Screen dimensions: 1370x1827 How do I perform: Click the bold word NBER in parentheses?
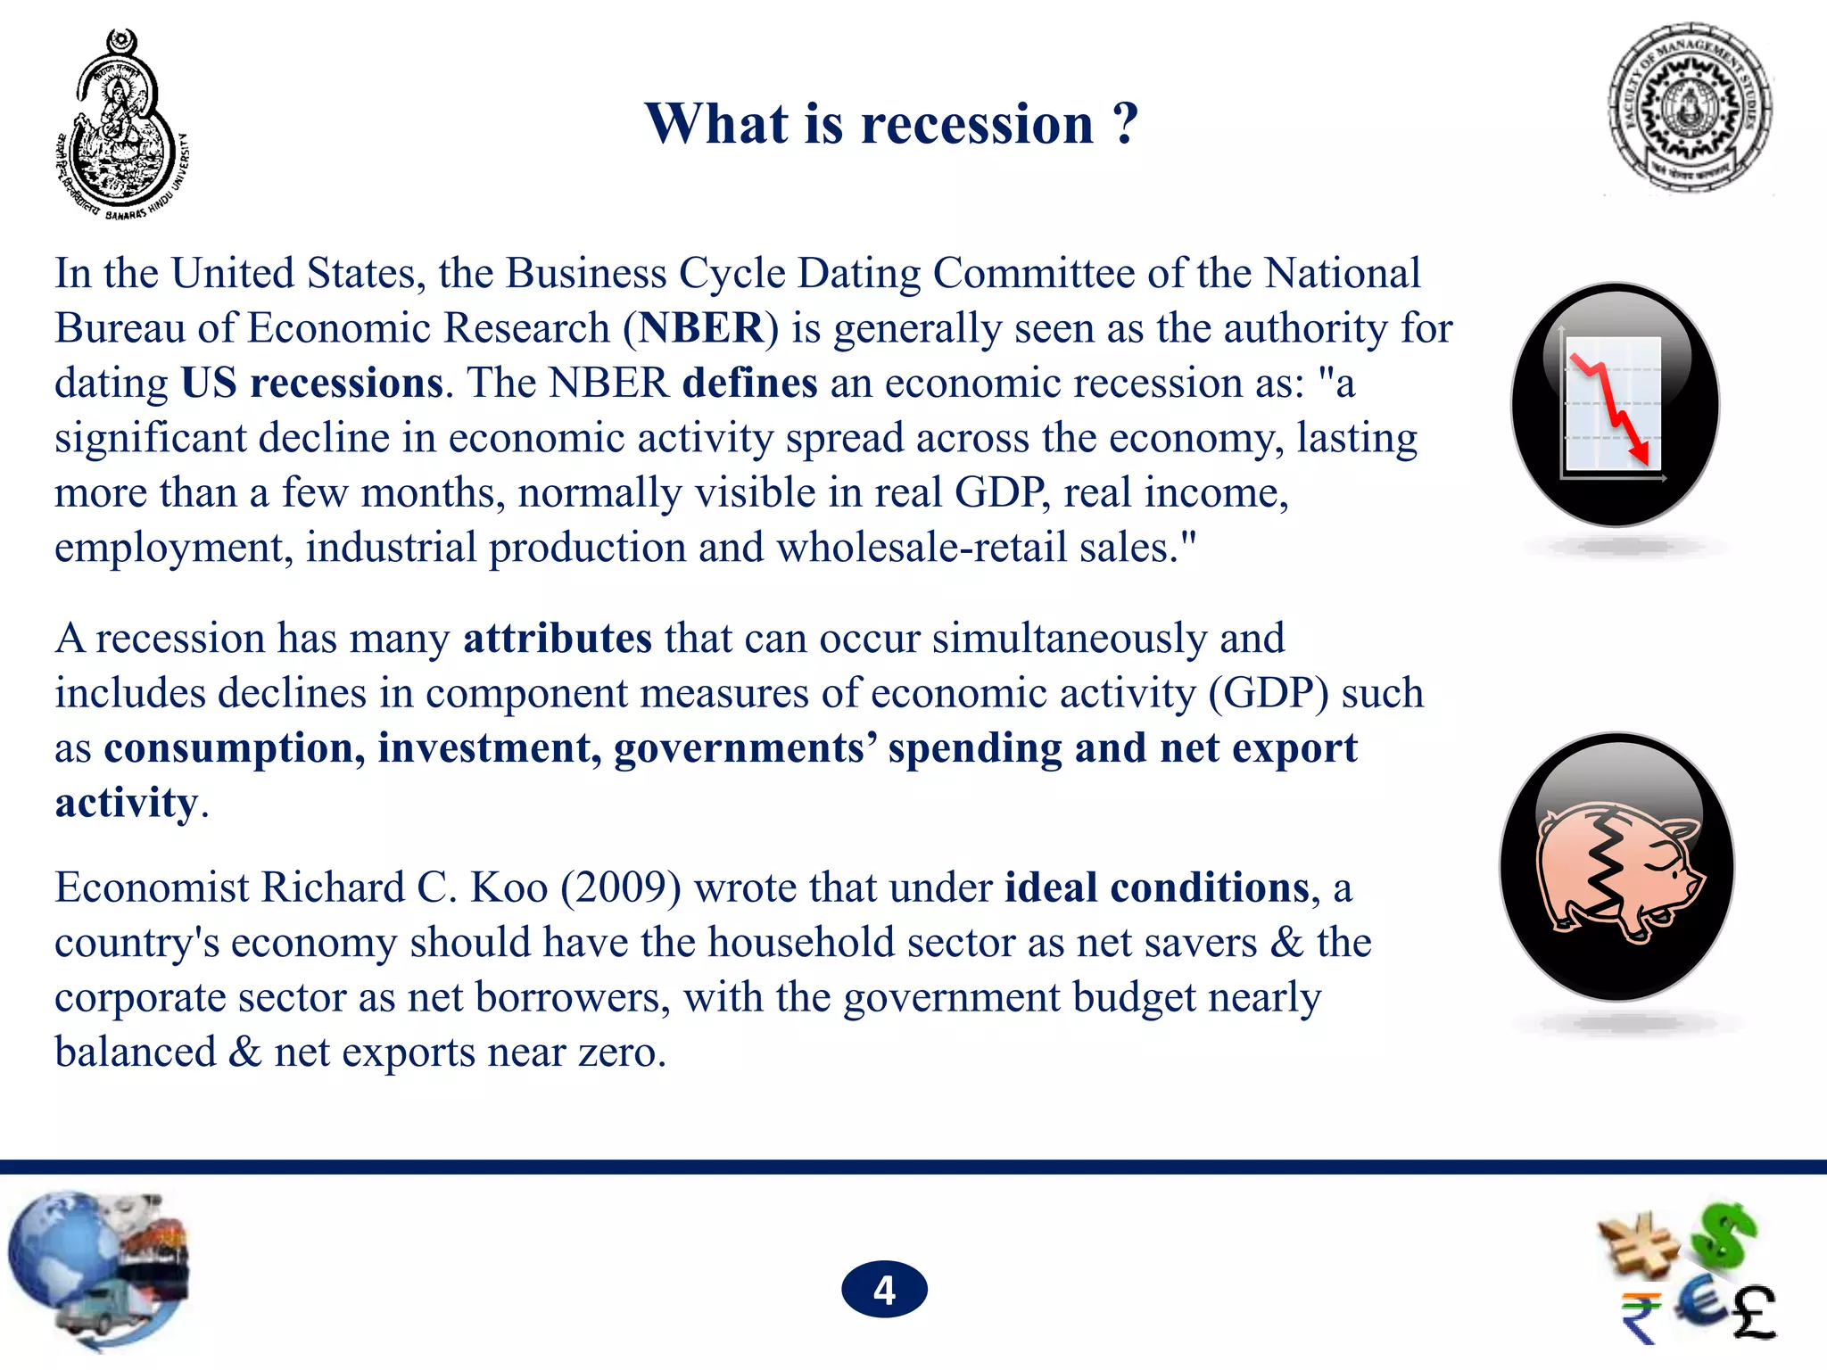click(x=701, y=328)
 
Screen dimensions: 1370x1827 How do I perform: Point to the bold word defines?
click(x=749, y=383)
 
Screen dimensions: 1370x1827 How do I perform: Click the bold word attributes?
click(x=558, y=639)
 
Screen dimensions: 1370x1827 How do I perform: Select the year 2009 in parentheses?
click(x=621, y=887)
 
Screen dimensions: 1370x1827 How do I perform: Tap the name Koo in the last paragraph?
click(x=508, y=887)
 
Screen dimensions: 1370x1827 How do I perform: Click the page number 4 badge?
click(x=884, y=1290)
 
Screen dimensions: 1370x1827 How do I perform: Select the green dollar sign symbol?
click(x=1726, y=1235)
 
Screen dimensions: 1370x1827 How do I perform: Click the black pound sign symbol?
click(x=1753, y=1313)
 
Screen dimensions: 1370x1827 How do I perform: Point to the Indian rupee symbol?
click(x=1640, y=1316)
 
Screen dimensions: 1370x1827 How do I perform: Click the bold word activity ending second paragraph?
click(x=126, y=803)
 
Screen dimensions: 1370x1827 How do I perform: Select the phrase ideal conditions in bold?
click(x=1156, y=887)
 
